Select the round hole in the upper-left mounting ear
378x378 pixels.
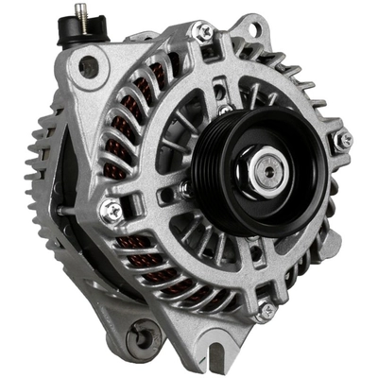click(x=88, y=67)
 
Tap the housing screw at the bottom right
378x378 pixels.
click(x=267, y=309)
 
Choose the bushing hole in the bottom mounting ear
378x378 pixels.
click(x=145, y=335)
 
